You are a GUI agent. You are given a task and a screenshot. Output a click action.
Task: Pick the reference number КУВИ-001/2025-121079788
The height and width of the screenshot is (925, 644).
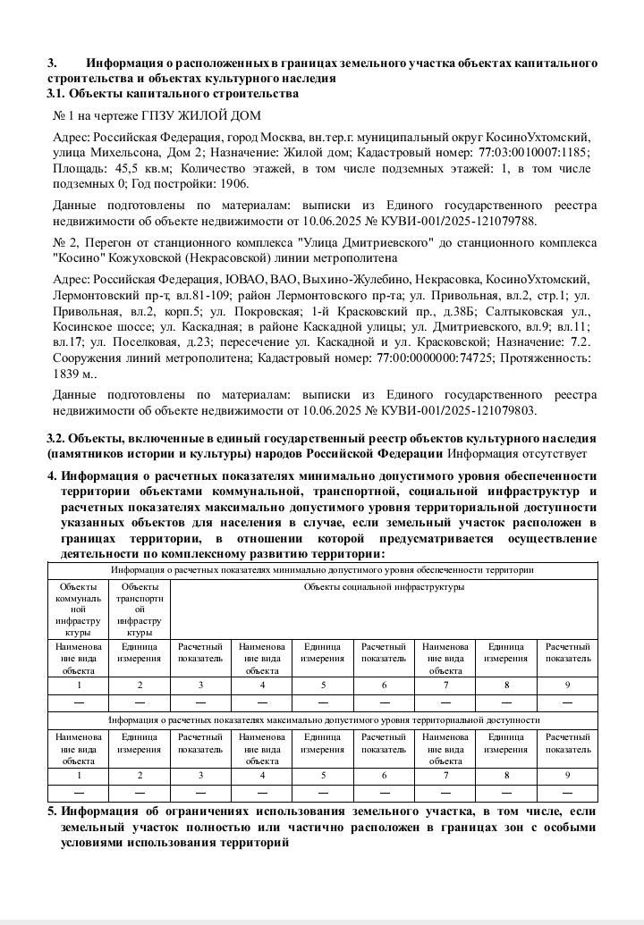(464, 220)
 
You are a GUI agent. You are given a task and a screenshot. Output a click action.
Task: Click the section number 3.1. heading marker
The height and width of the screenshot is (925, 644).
(55, 93)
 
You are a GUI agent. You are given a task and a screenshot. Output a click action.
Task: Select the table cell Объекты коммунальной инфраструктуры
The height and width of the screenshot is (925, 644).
(78, 608)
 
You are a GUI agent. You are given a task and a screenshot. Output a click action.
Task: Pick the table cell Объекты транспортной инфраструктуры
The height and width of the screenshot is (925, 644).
(139, 608)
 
